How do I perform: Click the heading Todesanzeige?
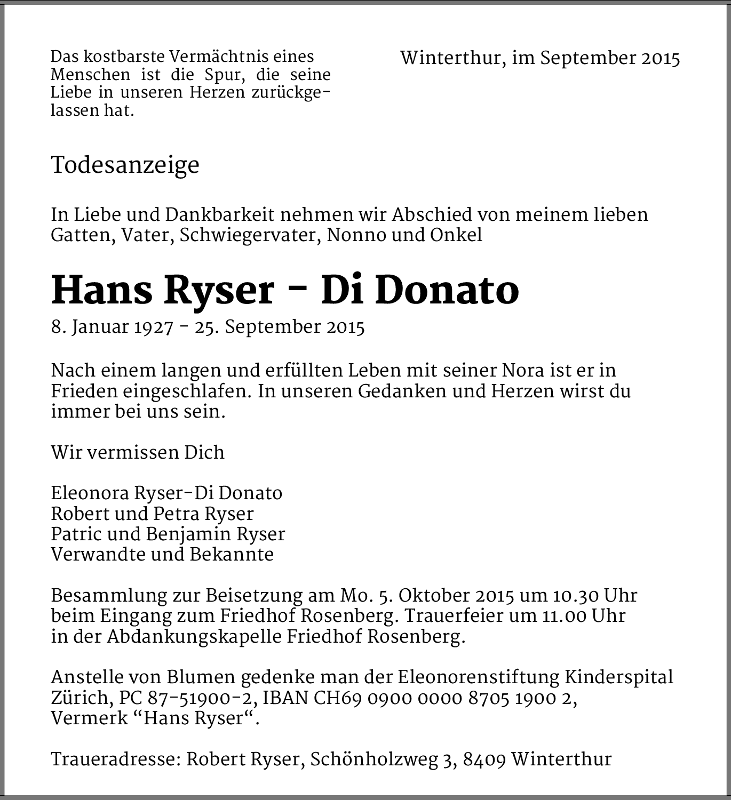click(125, 165)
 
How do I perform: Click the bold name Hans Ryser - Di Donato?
click(284, 291)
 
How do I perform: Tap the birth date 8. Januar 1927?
click(112, 327)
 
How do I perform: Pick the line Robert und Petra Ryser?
click(152, 514)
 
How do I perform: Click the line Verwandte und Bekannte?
click(162, 555)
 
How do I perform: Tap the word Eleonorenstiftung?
click(478, 677)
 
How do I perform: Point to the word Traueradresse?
click(114, 759)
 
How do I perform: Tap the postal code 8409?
click(484, 759)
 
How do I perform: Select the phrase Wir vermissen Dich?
click(138, 452)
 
